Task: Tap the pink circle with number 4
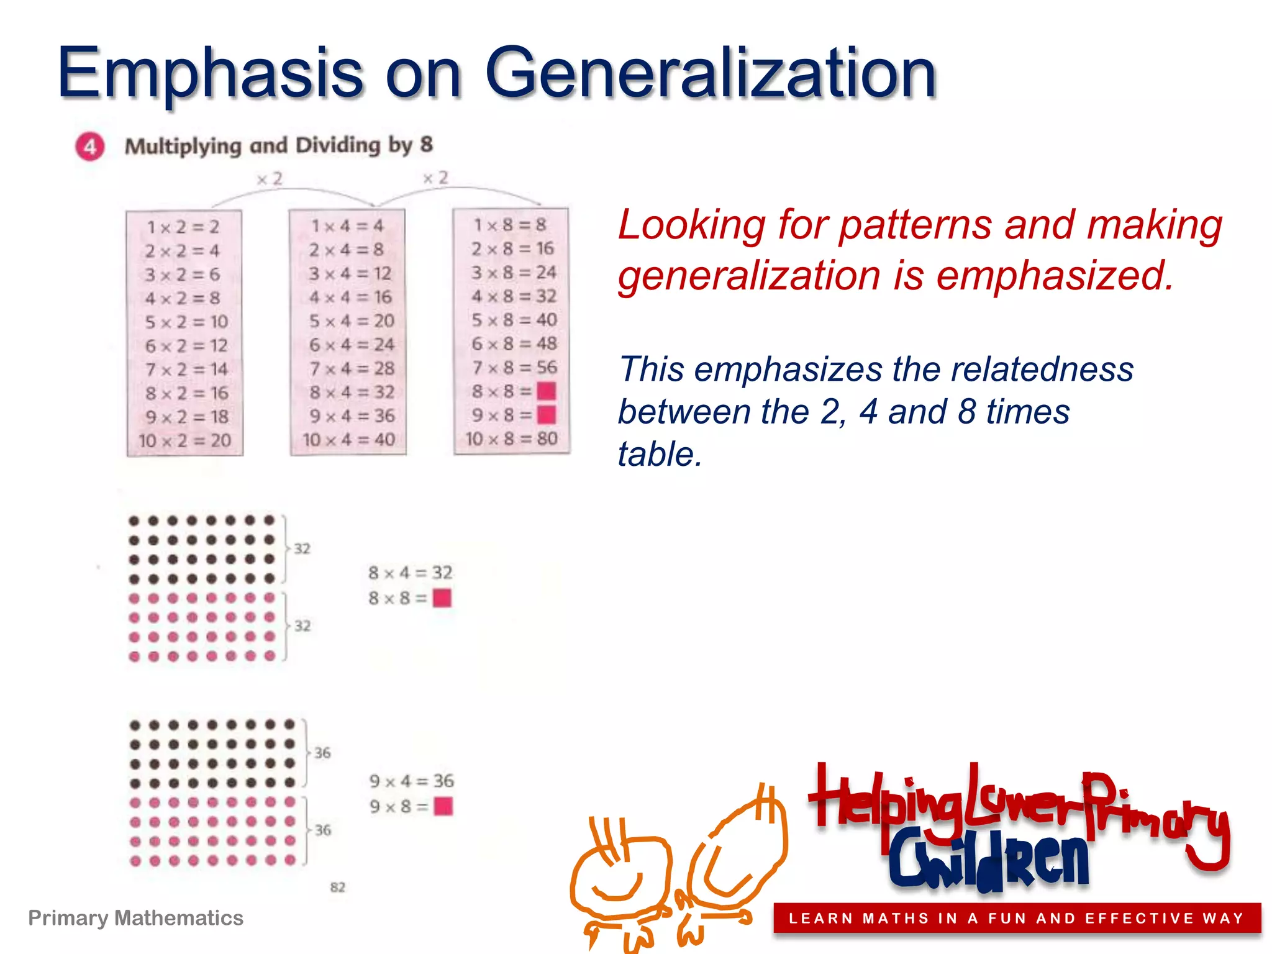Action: pyautogui.click(x=90, y=147)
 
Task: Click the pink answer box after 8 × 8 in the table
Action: pyautogui.click(x=546, y=391)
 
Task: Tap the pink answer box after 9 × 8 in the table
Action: pyautogui.click(x=546, y=414)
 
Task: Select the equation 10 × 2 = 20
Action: pyautogui.click(x=184, y=441)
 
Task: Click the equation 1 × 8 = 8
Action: pyautogui.click(x=510, y=225)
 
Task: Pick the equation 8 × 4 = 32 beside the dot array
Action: pyautogui.click(x=411, y=573)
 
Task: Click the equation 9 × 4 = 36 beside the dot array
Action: pyautogui.click(x=412, y=781)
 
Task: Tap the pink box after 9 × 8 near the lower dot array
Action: pyautogui.click(x=443, y=806)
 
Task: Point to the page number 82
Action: pyautogui.click(x=337, y=887)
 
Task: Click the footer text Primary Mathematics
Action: pyautogui.click(x=135, y=918)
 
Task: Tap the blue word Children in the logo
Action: pyautogui.click(x=988, y=860)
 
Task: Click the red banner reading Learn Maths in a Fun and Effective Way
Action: pyautogui.click(x=1016, y=919)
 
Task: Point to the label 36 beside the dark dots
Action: pyautogui.click(x=322, y=753)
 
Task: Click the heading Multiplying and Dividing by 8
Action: pyautogui.click(x=279, y=146)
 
